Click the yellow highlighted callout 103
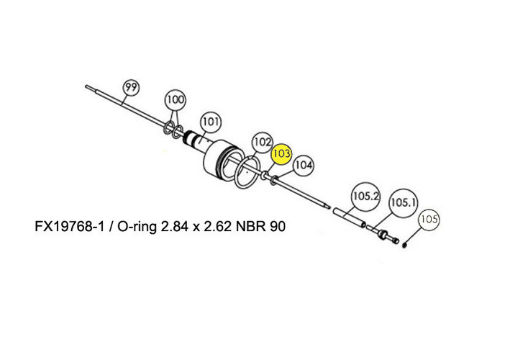pyautogui.click(x=281, y=154)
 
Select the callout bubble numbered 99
pyautogui.click(x=129, y=88)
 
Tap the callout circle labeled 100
pyautogui.click(x=176, y=99)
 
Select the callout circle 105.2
pyautogui.click(x=364, y=195)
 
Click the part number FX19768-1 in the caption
pyautogui.click(x=69, y=228)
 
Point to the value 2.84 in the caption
pyautogui.click(x=175, y=228)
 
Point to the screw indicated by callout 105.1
pyautogui.click(x=384, y=235)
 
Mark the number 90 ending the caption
pyautogui.click(x=278, y=228)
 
